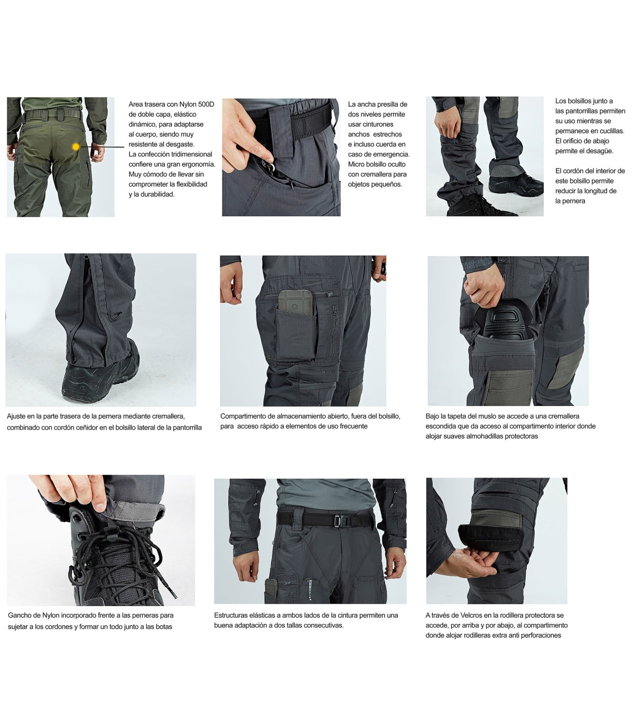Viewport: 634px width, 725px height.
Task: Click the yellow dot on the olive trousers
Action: point(76,146)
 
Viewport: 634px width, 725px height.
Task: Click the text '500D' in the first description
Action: point(206,104)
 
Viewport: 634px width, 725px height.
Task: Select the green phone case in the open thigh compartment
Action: point(295,303)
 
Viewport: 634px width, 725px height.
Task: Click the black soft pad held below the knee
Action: point(490,536)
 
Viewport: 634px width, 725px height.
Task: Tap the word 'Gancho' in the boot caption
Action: point(19,616)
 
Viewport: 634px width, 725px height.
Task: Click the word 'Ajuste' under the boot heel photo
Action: point(16,416)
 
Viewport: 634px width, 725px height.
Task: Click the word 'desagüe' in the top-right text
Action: point(600,151)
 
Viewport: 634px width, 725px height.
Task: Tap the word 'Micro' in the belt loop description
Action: point(357,164)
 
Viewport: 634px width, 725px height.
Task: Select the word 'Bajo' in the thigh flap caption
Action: point(432,416)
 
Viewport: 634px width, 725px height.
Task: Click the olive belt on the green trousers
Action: point(53,114)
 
